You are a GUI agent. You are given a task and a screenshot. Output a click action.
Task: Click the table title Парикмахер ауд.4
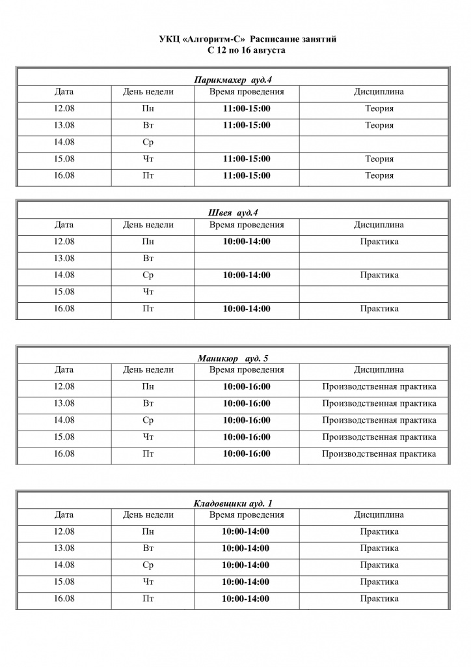pyautogui.click(x=232, y=79)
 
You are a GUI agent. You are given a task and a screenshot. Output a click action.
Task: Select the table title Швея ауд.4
pyautogui.click(x=232, y=212)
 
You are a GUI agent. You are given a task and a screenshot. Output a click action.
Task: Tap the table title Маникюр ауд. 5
pyautogui.click(x=232, y=358)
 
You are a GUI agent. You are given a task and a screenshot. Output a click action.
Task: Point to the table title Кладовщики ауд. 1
pyautogui.click(x=233, y=503)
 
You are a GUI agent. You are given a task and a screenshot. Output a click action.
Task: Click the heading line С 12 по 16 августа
pyautogui.click(x=247, y=50)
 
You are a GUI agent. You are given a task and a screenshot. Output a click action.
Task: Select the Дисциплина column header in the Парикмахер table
pyautogui.click(x=379, y=92)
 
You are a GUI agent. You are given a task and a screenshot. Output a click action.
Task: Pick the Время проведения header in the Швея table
pyautogui.click(x=247, y=225)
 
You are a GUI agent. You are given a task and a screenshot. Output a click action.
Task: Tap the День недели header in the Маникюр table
pyautogui.click(x=148, y=369)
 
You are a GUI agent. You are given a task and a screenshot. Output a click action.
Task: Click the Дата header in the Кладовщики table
pyautogui.click(x=64, y=515)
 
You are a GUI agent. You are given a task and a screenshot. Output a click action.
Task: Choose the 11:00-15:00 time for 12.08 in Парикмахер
pyautogui.click(x=247, y=109)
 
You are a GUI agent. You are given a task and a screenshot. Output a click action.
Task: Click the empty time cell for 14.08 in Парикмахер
pyautogui.click(x=247, y=142)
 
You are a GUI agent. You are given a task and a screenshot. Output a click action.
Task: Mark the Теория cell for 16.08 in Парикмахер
pyautogui.click(x=379, y=175)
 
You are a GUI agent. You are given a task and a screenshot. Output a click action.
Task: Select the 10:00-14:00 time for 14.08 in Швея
pyautogui.click(x=247, y=275)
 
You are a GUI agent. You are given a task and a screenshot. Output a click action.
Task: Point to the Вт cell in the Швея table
pyautogui.click(x=148, y=259)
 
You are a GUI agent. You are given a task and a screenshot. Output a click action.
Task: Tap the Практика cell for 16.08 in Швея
pyautogui.click(x=379, y=308)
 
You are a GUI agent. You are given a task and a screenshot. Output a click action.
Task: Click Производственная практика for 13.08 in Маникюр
pyautogui.click(x=379, y=403)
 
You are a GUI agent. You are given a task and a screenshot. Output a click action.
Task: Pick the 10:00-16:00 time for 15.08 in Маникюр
pyautogui.click(x=247, y=436)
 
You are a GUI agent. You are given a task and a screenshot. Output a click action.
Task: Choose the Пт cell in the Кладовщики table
pyautogui.click(x=148, y=599)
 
